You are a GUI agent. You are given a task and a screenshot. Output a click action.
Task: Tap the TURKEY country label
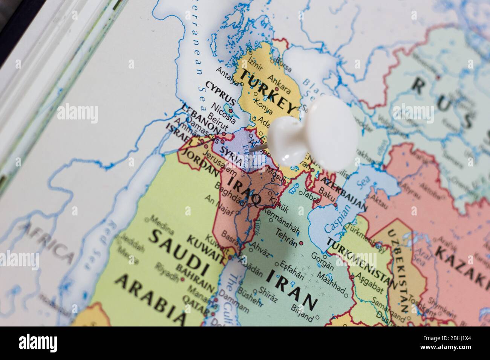click(x=268, y=92)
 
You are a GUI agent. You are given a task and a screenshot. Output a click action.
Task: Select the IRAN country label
click(x=291, y=288)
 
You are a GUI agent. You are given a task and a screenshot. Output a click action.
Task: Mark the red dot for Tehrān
click(x=300, y=243)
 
